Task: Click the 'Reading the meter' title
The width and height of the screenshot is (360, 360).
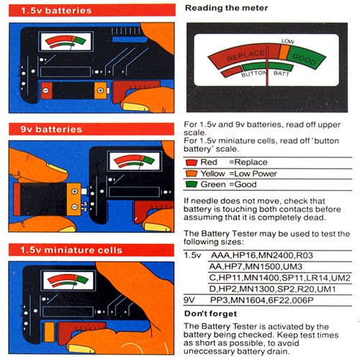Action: [226, 8]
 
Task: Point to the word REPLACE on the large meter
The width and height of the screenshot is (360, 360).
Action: [246, 55]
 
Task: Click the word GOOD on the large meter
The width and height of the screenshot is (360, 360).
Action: [304, 59]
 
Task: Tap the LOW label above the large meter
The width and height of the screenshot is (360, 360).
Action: [288, 41]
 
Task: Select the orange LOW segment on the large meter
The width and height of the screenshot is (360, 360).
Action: [284, 52]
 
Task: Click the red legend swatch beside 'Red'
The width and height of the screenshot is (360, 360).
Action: [192, 163]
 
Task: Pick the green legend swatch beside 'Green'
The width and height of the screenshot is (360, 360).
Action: [192, 184]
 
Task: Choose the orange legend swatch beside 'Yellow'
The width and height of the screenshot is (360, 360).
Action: [192, 174]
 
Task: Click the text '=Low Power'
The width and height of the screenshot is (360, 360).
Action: [253, 174]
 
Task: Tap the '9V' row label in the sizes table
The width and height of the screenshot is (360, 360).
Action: [189, 300]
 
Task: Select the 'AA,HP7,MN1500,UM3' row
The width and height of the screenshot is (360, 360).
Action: [256, 266]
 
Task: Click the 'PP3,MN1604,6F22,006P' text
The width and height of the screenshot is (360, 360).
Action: [262, 300]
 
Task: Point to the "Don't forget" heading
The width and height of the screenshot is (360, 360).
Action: [210, 314]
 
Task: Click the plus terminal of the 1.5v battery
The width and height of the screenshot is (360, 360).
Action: [100, 91]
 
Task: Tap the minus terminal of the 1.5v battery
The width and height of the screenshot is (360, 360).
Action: [45, 91]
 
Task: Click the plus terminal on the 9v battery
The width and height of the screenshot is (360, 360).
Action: [75, 192]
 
